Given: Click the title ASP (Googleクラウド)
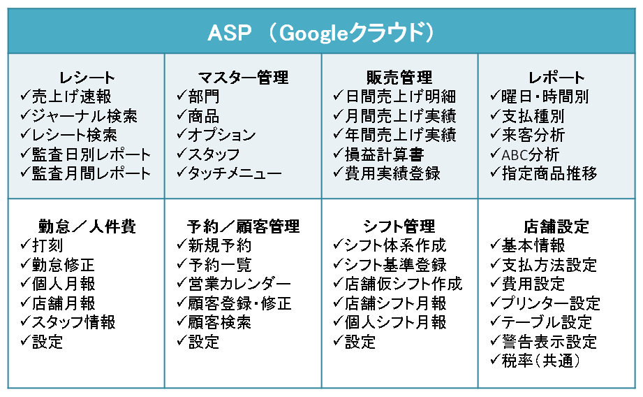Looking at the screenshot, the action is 321,32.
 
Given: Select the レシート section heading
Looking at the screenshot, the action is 87,77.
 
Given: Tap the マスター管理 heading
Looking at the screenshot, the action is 243,77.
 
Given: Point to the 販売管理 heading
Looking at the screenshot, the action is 400,77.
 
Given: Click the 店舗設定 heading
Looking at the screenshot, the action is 556,226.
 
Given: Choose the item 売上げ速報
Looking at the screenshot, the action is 72,96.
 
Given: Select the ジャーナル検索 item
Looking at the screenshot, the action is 84,116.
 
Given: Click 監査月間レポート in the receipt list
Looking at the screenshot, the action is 91,173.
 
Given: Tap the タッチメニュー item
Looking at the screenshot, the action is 235,173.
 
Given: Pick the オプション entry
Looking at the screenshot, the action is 222,135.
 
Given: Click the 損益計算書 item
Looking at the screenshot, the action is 384,154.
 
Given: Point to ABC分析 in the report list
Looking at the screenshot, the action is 531,154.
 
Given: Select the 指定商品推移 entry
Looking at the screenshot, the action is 549,173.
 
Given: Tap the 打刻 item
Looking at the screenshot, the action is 47,245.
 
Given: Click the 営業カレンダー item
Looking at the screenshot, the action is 239,284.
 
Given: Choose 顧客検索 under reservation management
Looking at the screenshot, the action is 220,322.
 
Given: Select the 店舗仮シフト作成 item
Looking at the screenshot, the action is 404,284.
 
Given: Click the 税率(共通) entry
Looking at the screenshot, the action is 541,361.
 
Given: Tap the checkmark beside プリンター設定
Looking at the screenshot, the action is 496,302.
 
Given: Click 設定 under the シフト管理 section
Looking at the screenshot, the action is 360,342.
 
